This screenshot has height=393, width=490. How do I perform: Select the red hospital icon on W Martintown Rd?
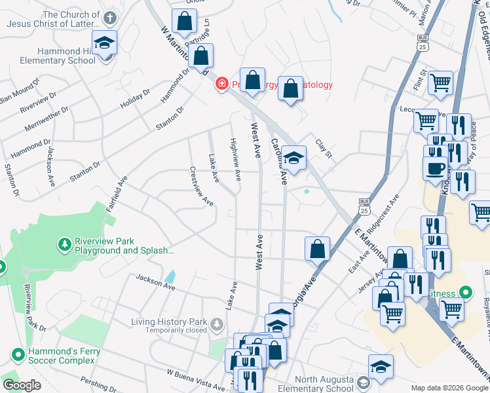click(222, 84)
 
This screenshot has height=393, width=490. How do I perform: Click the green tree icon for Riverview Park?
click(64, 244)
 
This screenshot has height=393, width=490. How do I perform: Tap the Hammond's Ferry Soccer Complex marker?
click(17, 354)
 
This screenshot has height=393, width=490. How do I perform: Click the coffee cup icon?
click(434, 168)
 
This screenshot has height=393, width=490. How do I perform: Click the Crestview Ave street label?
click(202, 185)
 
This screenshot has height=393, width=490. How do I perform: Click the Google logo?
click(22, 384)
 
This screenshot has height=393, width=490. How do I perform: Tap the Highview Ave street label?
click(235, 159)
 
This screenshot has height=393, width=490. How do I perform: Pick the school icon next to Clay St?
click(294, 158)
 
